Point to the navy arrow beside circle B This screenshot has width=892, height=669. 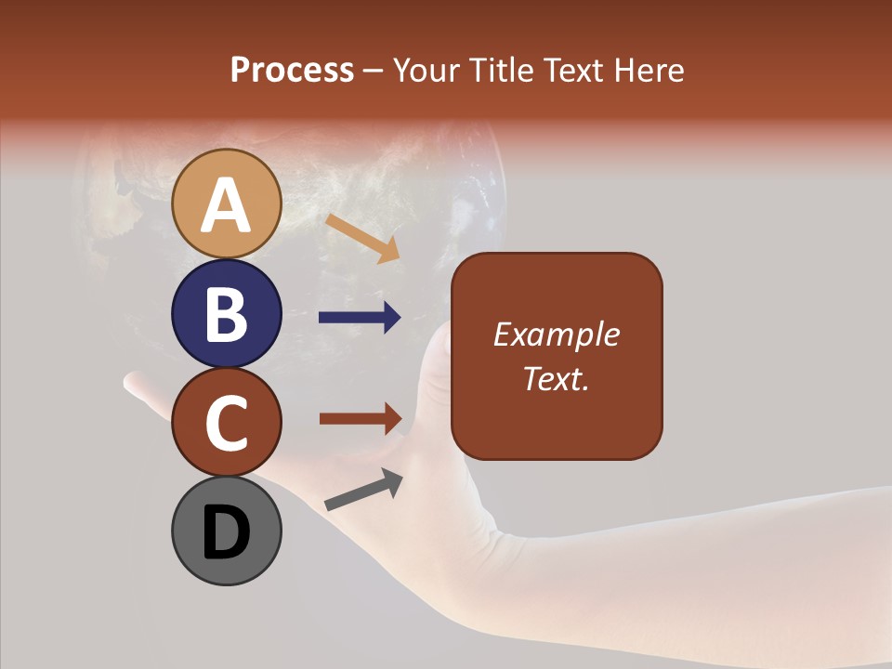click(361, 318)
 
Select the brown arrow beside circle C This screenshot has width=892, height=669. click(361, 418)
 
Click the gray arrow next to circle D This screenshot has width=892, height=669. click(363, 489)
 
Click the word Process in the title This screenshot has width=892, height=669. click(292, 71)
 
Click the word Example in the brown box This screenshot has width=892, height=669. click(556, 334)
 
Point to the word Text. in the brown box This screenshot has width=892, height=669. click(556, 378)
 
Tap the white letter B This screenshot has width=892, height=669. click(226, 314)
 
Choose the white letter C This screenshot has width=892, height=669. click(226, 423)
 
